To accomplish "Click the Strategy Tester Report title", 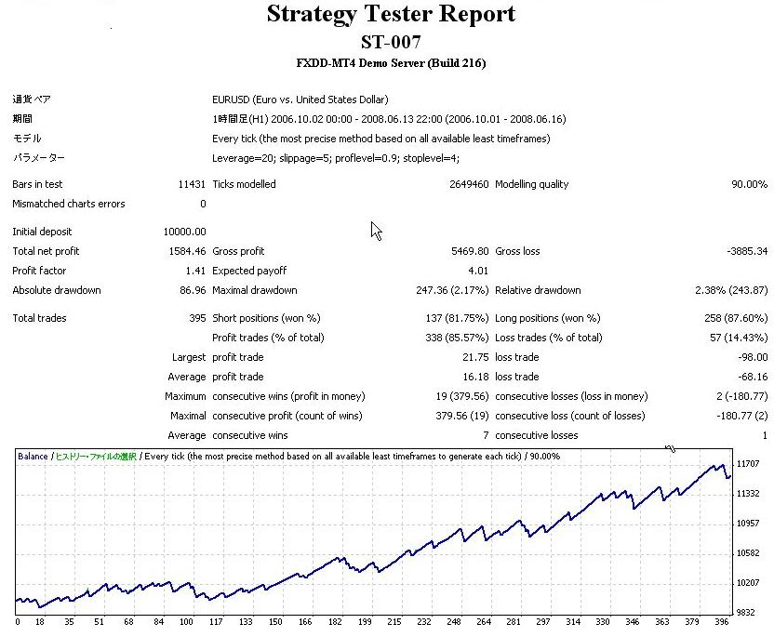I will click(391, 15).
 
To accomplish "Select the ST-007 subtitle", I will click(391, 42).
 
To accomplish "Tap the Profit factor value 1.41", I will click(195, 271).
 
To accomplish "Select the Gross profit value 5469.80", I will click(468, 251).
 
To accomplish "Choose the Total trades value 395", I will click(197, 318).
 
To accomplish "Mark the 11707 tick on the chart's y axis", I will click(747, 464).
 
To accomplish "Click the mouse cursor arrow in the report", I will click(376, 230).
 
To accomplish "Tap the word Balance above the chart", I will click(33, 457).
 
